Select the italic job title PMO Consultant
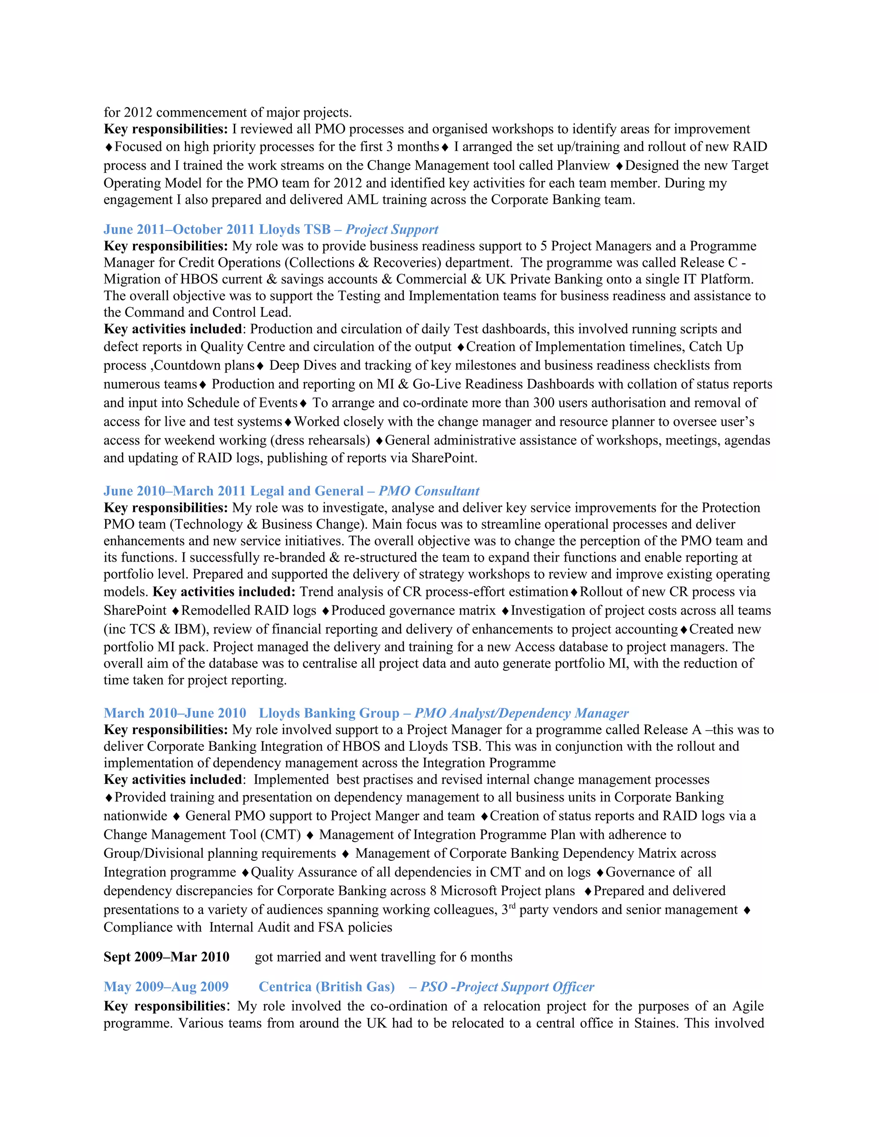pyautogui.click(x=429, y=491)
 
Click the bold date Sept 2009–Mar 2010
pyautogui.click(x=166, y=957)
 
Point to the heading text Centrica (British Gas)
pyautogui.click(x=327, y=986)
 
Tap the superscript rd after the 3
pyautogui.click(x=512, y=906)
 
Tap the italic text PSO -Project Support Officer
pyautogui.click(x=507, y=986)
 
